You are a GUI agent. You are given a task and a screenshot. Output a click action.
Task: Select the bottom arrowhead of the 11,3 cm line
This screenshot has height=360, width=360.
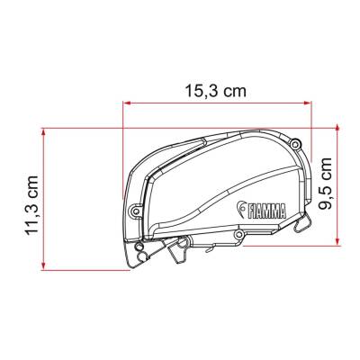43,265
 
